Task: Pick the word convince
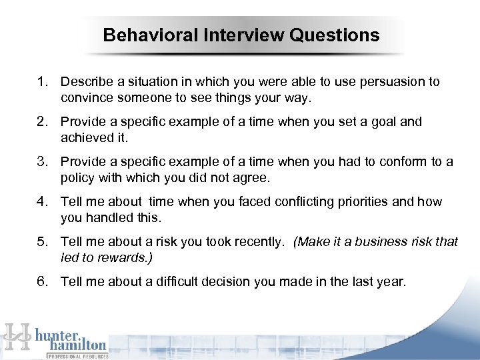click(x=85, y=97)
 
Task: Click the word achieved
click(x=85, y=137)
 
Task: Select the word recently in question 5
click(x=259, y=241)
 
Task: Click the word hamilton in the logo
click(x=76, y=345)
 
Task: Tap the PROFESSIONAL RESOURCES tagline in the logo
click(x=76, y=356)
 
